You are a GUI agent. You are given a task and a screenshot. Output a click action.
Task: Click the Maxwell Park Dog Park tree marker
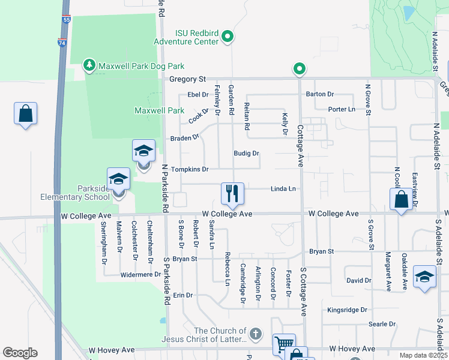89,65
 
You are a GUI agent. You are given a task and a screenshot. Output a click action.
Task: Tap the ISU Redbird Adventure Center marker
228,37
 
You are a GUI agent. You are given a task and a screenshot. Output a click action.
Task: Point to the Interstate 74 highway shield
62,43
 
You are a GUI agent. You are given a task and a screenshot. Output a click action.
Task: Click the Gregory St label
187,79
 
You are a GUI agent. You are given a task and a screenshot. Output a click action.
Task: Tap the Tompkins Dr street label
190,170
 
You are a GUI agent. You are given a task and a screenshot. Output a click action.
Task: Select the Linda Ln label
283,188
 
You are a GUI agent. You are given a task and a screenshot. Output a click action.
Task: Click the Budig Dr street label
246,154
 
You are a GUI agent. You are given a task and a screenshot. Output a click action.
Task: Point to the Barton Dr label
320,94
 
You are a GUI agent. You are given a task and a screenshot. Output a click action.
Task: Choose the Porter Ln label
342,109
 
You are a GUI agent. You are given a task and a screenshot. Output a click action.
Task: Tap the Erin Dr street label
182,295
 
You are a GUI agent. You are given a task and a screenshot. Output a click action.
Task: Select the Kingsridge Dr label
347,310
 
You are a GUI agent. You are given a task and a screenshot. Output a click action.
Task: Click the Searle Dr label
382,324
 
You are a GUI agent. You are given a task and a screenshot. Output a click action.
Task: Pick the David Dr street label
359,280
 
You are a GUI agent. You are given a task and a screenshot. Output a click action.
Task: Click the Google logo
20,352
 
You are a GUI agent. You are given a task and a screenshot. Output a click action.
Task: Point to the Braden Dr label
184,138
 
